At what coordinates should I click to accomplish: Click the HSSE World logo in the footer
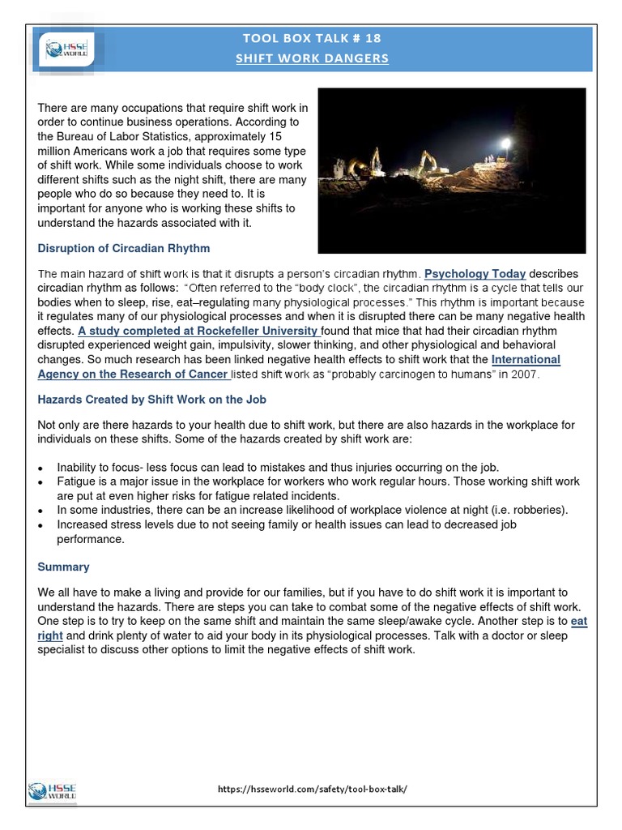pos(52,791)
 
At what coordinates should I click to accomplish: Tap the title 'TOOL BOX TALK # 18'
pos(312,38)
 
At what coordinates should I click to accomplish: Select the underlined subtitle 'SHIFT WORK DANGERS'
pos(312,58)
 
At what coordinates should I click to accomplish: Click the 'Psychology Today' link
pos(475,274)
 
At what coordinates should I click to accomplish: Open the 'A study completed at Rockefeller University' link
pos(198,331)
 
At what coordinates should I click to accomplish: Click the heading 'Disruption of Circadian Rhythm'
pos(124,248)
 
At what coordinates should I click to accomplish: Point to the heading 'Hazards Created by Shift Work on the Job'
pos(151,400)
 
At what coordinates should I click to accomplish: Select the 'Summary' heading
pos(63,567)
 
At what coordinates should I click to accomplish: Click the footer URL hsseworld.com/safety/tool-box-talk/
pos(312,789)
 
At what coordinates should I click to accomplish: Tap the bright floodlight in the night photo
pos(507,143)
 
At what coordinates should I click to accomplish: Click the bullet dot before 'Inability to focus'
pos(41,468)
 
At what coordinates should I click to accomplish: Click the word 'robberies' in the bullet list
pos(539,510)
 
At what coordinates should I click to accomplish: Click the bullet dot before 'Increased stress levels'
pos(41,525)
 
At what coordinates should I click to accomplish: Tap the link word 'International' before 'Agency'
pos(526,359)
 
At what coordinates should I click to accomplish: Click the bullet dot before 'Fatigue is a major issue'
pos(41,482)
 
